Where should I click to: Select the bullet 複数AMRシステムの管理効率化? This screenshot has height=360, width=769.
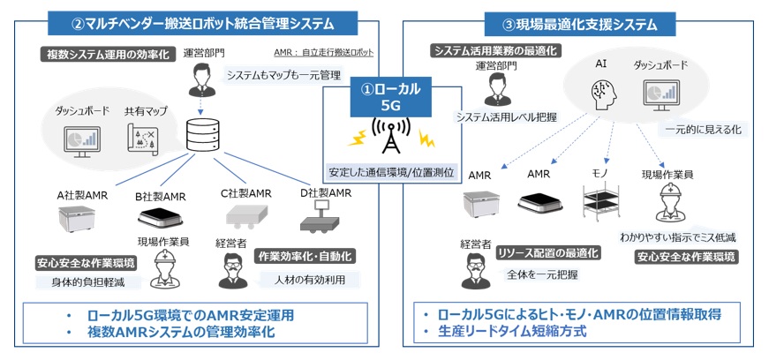[x=181, y=332]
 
